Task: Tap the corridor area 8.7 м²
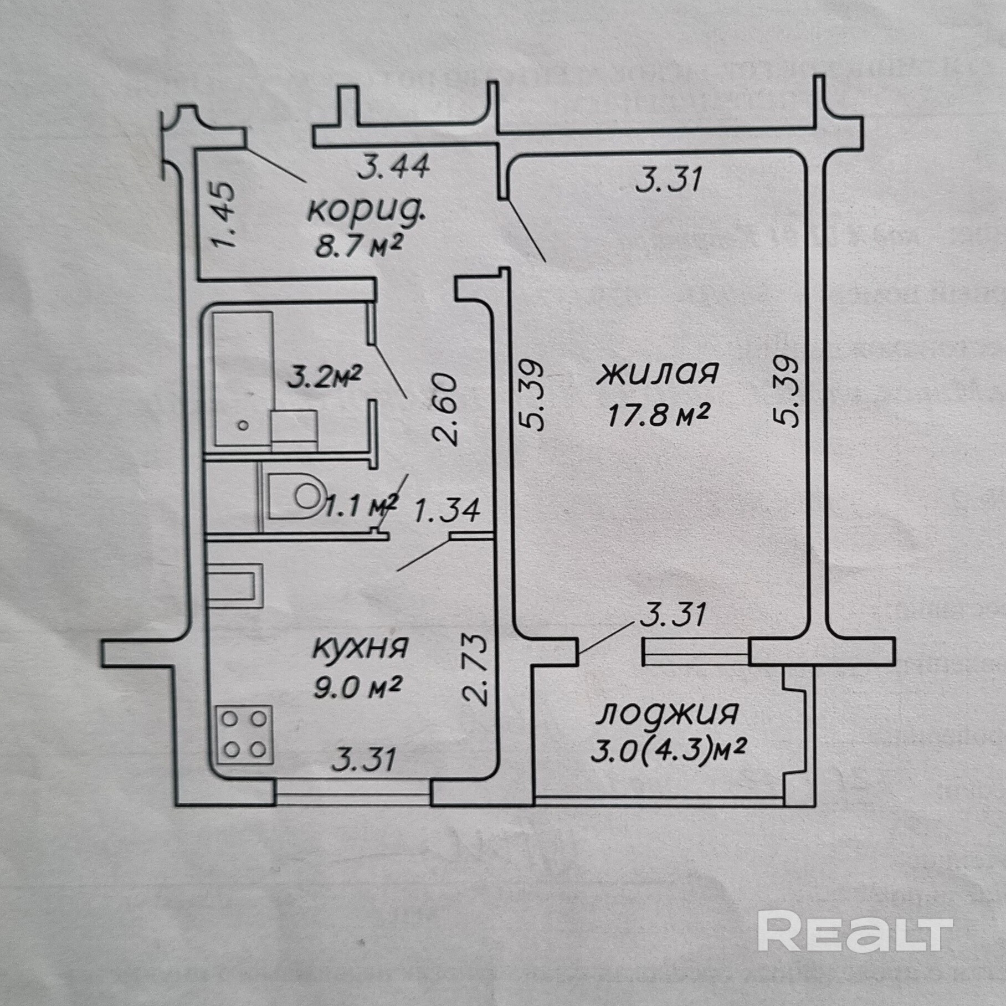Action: click(358, 246)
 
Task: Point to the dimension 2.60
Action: click(446, 410)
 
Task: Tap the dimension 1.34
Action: click(446, 510)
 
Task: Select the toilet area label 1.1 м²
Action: click(361, 505)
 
